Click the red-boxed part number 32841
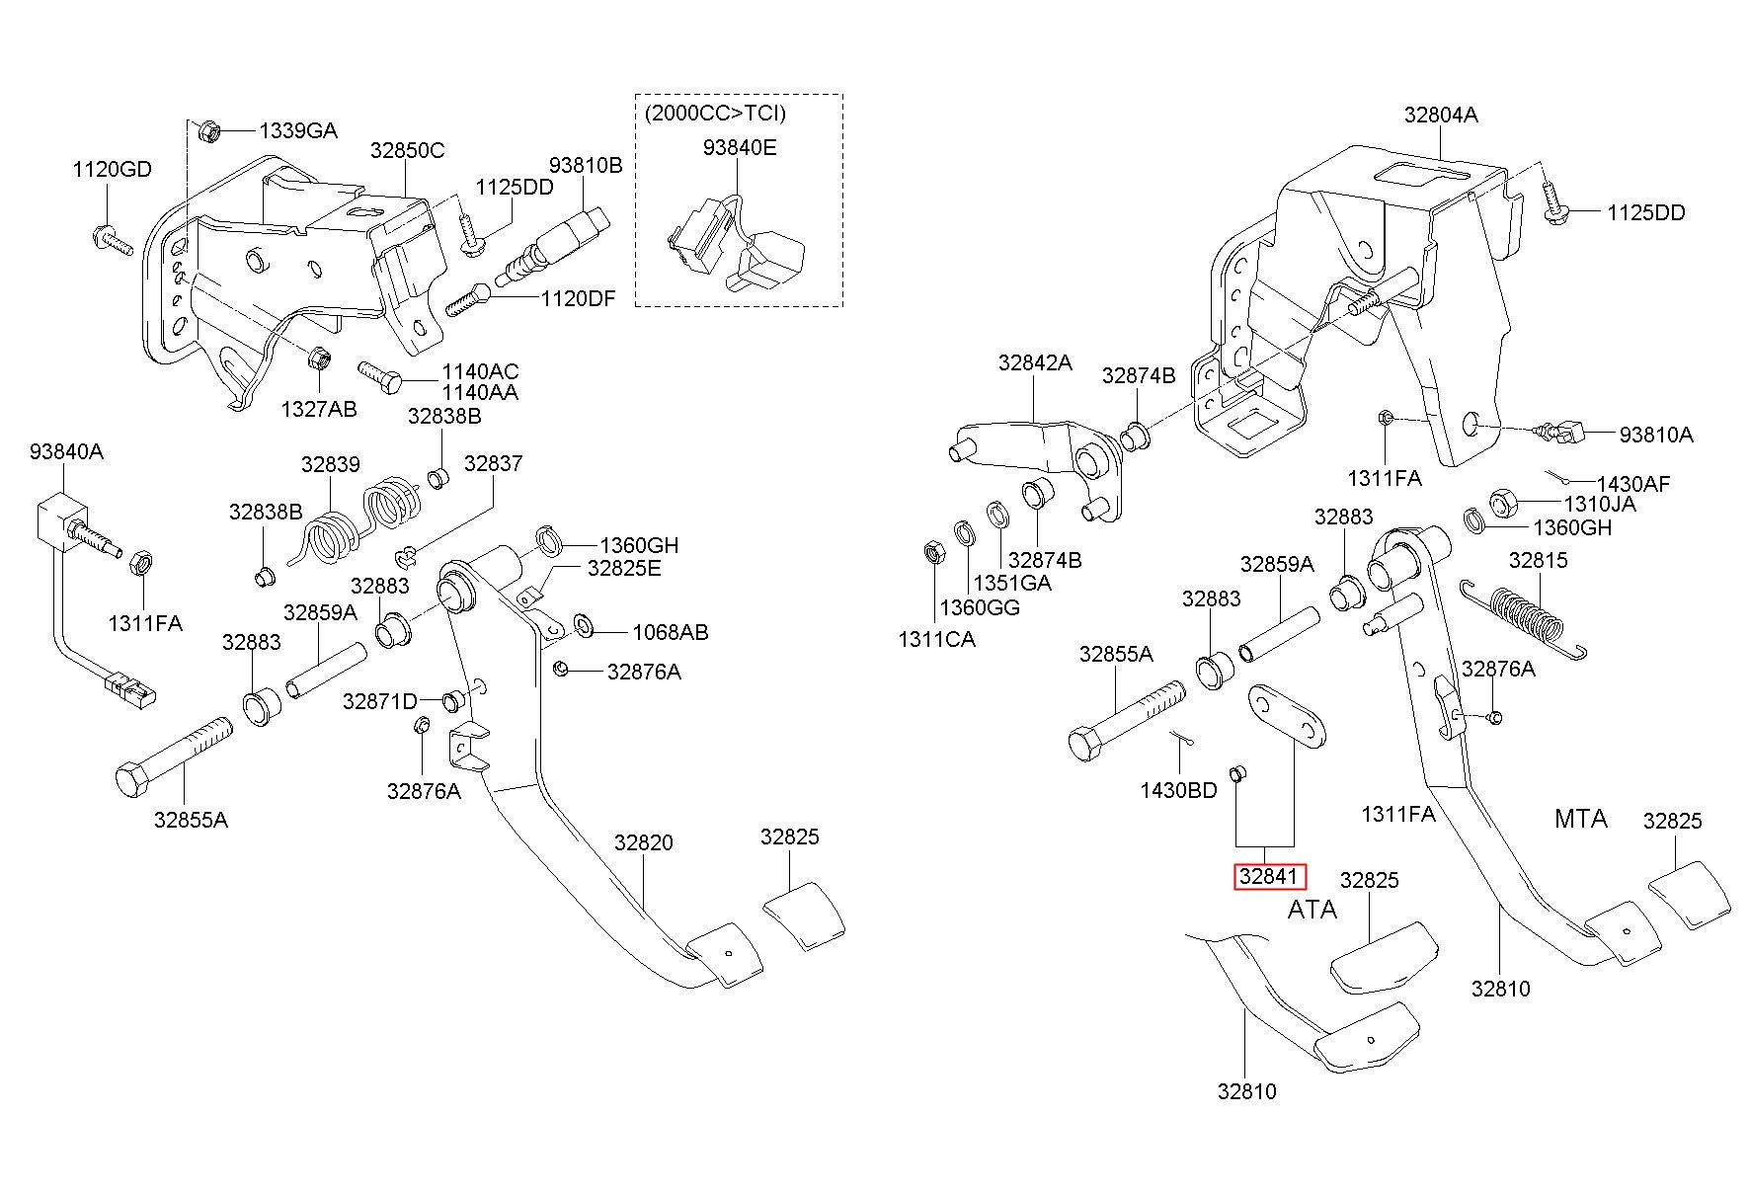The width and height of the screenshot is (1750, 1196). click(1270, 877)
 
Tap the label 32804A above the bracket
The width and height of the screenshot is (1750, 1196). click(1441, 115)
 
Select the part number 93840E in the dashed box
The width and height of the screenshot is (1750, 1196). click(740, 147)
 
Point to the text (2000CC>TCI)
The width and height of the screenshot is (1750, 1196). click(715, 114)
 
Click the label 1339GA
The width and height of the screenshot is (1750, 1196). click(298, 130)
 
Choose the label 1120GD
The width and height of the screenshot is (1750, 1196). click(112, 169)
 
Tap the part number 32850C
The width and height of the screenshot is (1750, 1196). click(407, 150)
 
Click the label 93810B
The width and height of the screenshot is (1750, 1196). click(586, 165)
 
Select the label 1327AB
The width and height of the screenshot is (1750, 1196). click(319, 409)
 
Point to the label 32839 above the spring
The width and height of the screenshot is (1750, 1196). click(331, 464)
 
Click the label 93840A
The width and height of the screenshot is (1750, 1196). click(66, 451)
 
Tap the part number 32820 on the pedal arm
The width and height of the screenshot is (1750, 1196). click(643, 842)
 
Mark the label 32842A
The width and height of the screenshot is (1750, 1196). click(1034, 362)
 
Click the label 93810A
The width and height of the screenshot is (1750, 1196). click(1655, 434)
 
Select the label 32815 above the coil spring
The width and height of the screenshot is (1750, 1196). click(1538, 560)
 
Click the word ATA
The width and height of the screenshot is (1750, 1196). click(1312, 910)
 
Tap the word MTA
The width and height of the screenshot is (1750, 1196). click(1580, 819)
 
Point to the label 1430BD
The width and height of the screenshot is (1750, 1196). click(1178, 790)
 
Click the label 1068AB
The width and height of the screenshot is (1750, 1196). click(671, 632)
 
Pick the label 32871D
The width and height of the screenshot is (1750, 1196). click(380, 701)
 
